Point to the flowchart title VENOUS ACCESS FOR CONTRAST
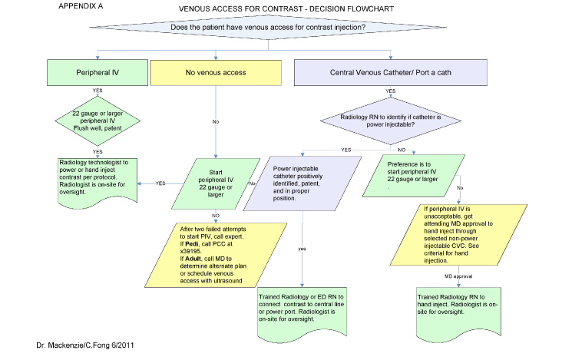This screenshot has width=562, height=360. pyautogui.click(x=268, y=11)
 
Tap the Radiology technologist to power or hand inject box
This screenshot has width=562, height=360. pyautogui.click(x=95, y=181)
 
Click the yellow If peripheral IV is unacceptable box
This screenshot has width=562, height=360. pyautogui.click(x=465, y=234)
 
